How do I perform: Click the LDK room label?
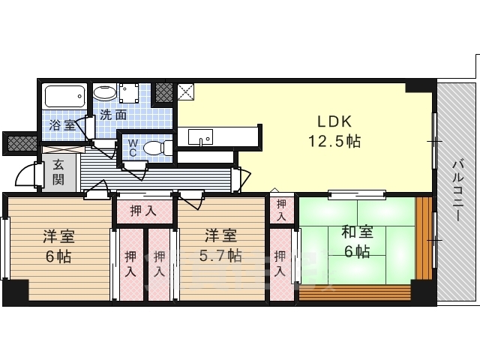334,122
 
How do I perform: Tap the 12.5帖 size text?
334,140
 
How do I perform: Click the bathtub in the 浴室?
66,96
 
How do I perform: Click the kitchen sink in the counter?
200,137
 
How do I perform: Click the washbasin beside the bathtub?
104,94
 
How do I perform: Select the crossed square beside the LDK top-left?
185,92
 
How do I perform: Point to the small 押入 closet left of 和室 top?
281,209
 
